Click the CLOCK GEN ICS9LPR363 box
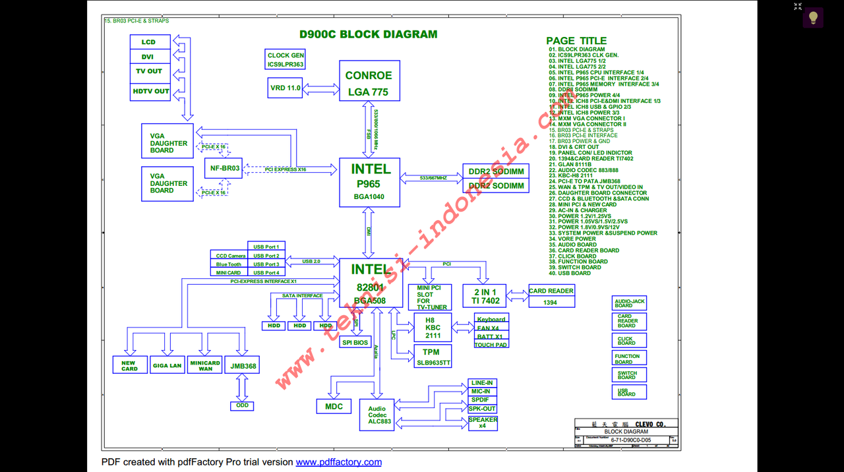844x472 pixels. click(x=286, y=59)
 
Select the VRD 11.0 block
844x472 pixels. click(x=285, y=88)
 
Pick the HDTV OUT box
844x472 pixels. click(x=151, y=91)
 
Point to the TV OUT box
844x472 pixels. click(x=149, y=71)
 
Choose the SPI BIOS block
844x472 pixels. click(x=355, y=342)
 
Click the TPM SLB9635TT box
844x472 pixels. click(x=433, y=357)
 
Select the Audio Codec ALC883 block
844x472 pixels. click(x=377, y=415)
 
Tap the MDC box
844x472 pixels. click(x=334, y=407)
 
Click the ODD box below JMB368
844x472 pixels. click(x=243, y=405)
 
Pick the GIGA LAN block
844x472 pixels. click(x=167, y=365)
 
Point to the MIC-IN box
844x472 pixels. click(x=481, y=392)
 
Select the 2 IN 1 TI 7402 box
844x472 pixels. click(x=485, y=296)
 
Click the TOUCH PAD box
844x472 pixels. click(x=491, y=345)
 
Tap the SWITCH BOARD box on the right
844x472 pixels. click(x=628, y=374)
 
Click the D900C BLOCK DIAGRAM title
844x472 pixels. click(x=368, y=34)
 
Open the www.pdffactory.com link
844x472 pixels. click(x=338, y=462)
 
